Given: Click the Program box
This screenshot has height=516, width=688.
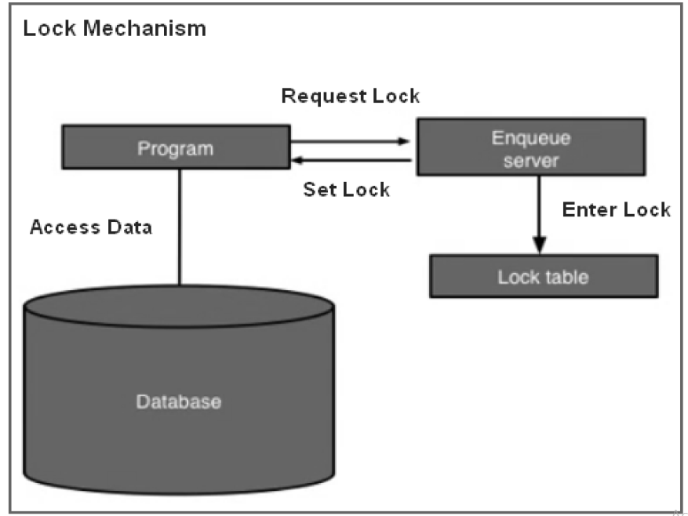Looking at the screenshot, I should (175, 148).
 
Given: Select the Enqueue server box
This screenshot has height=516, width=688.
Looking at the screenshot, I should (531, 147).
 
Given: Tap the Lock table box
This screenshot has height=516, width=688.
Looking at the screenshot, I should (543, 276).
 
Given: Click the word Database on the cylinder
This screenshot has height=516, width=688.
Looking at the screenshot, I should (179, 402).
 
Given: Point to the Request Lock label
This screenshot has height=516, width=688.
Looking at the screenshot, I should (351, 96).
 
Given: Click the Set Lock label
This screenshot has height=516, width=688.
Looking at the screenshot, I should (346, 190).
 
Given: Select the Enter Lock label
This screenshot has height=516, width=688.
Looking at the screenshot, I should (616, 209).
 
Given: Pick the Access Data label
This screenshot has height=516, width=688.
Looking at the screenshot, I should (91, 227).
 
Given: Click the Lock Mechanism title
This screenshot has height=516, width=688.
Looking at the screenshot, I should (115, 29).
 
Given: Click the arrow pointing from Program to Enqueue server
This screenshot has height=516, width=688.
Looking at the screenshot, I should (350, 142).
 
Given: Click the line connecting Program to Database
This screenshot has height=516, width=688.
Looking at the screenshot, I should (180, 227).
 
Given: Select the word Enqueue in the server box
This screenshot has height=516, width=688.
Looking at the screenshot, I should (531, 138).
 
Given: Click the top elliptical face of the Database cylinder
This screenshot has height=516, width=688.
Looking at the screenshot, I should (179, 307).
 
